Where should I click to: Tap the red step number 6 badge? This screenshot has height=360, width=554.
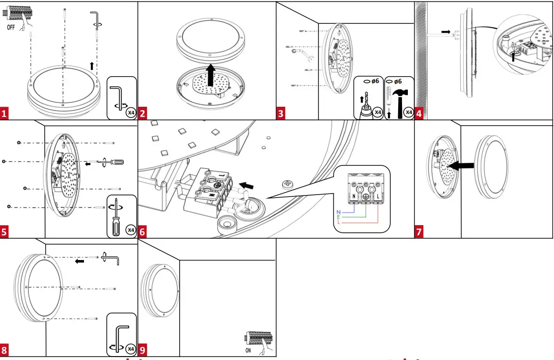tap(143, 232)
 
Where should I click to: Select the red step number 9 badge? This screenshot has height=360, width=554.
tap(143, 350)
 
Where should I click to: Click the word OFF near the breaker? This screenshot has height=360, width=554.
tap(13, 27)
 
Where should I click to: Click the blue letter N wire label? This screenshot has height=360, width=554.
tap(338, 213)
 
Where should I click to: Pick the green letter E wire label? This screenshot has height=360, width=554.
tap(338, 217)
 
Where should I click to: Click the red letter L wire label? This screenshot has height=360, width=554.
tap(338, 222)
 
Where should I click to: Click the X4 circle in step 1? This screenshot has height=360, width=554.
tap(130, 113)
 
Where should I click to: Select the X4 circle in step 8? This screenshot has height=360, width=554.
tap(130, 349)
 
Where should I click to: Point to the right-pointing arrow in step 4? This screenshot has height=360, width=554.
tap(446, 32)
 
